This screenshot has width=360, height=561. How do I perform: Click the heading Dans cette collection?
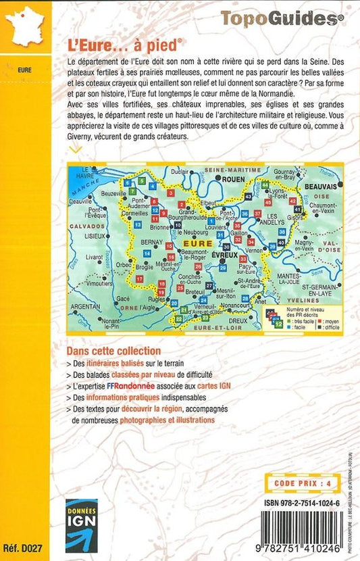click(x=113, y=351)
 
